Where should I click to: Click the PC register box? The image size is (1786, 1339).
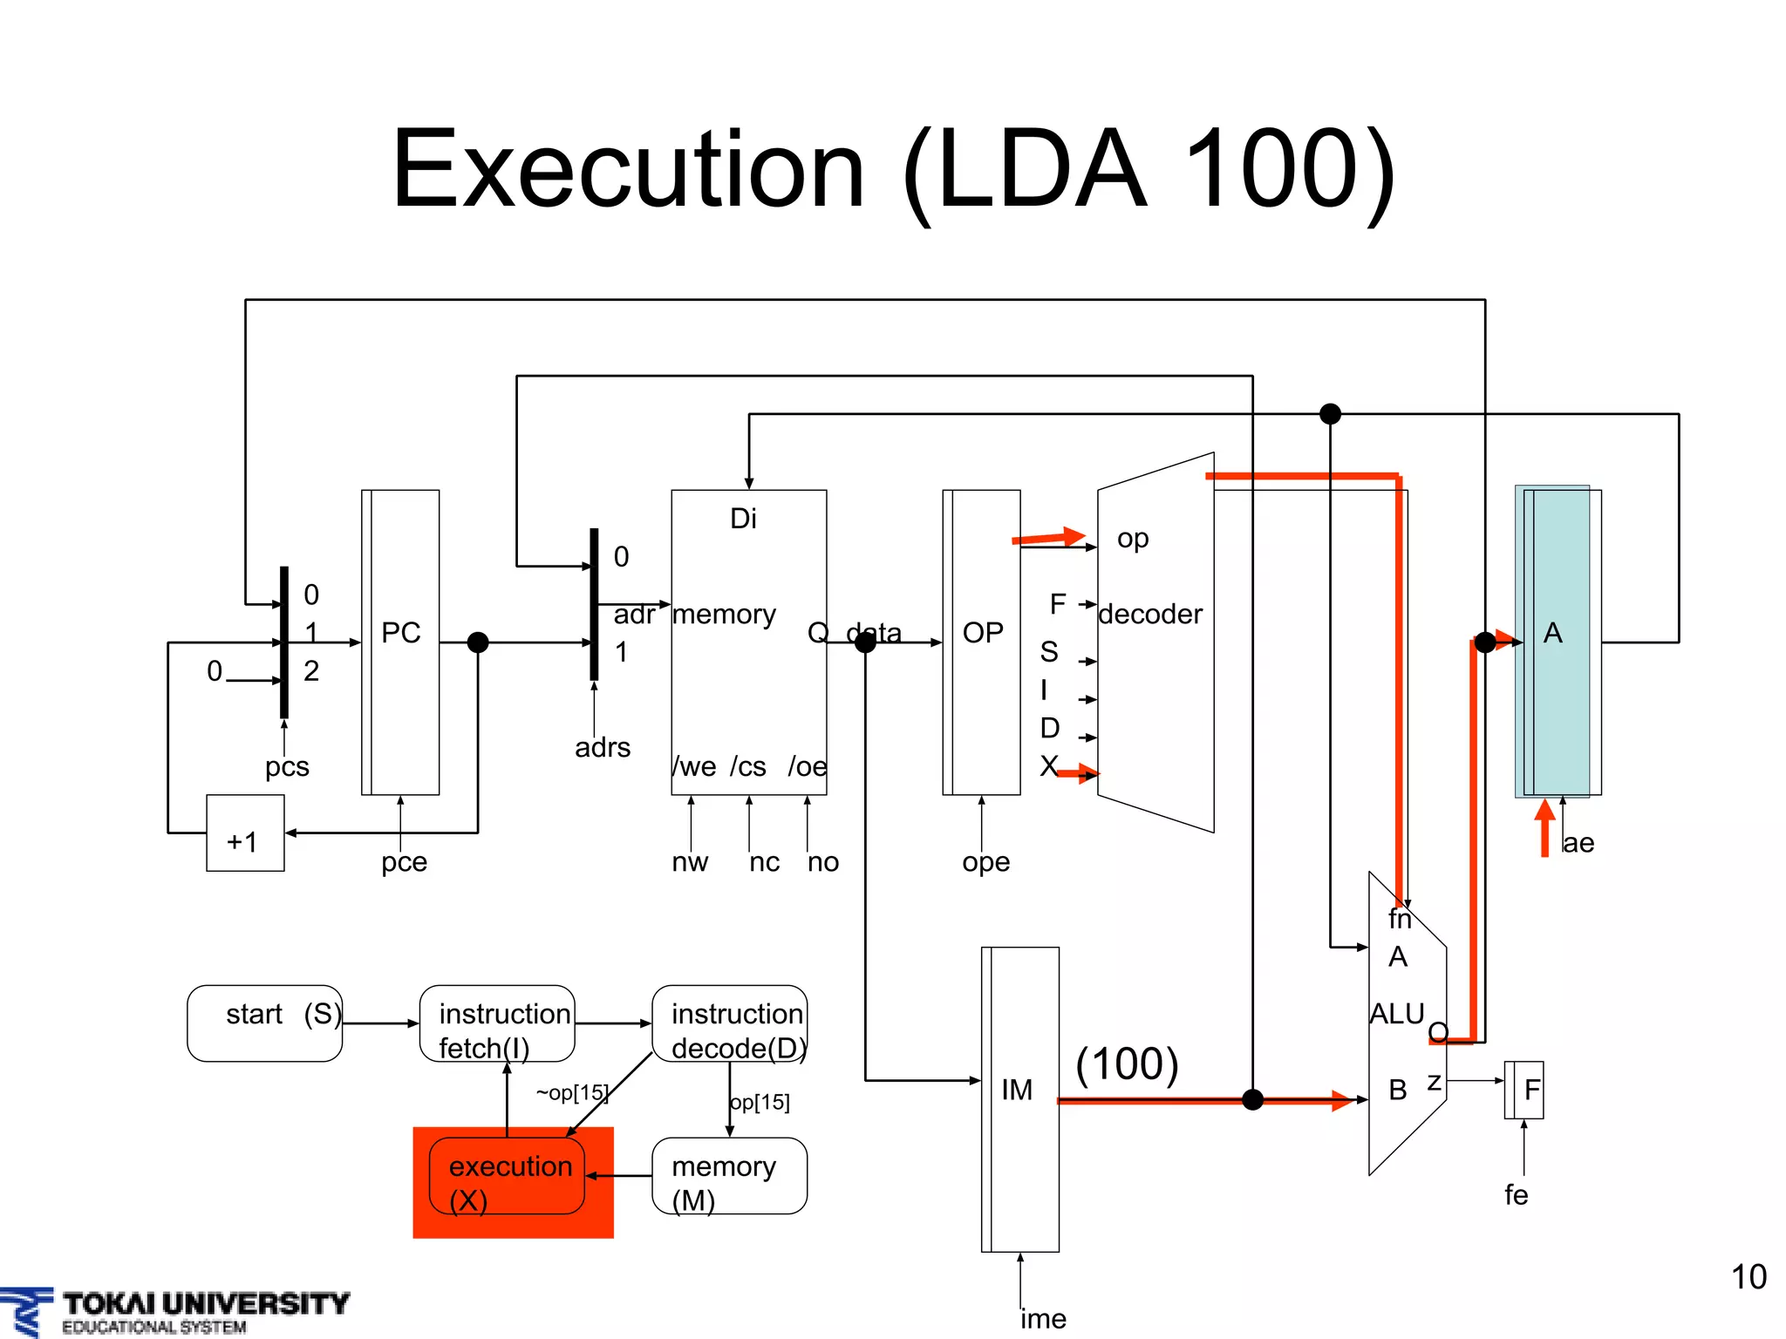pyautogui.click(x=400, y=642)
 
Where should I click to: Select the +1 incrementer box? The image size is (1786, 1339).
pyautogui.click(x=245, y=833)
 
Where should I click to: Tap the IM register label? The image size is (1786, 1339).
pyautogui.click(x=1017, y=1090)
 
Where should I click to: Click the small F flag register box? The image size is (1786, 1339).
pyautogui.click(x=1524, y=1090)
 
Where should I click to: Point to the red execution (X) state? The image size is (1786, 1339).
pyautogui.click(x=512, y=1182)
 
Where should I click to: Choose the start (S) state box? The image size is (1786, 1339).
pyautogui.click(x=265, y=1023)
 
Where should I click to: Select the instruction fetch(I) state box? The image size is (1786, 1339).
pyautogui.click(x=497, y=1023)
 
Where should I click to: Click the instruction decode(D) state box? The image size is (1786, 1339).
pyautogui.click(x=730, y=1023)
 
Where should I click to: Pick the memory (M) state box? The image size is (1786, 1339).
pyautogui.click(x=730, y=1176)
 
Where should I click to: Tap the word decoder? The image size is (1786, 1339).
pyautogui.click(x=1150, y=615)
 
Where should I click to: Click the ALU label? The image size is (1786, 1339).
pyautogui.click(x=1396, y=1014)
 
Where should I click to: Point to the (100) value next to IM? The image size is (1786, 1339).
pyautogui.click(x=1127, y=1064)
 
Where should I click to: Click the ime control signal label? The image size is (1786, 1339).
pyautogui.click(x=1043, y=1318)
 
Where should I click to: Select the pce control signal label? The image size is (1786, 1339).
pyautogui.click(x=404, y=862)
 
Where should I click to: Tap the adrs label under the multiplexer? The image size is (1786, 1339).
pyautogui.click(x=603, y=748)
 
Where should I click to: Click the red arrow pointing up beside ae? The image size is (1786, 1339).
pyautogui.click(x=1544, y=826)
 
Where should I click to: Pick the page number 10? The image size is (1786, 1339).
pyautogui.click(x=1748, y=1277)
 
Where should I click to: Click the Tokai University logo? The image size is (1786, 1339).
pyautogui.click(x=174, y=1311)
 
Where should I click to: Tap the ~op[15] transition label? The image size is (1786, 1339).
pyautogui.click(x=571, y=1092)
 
